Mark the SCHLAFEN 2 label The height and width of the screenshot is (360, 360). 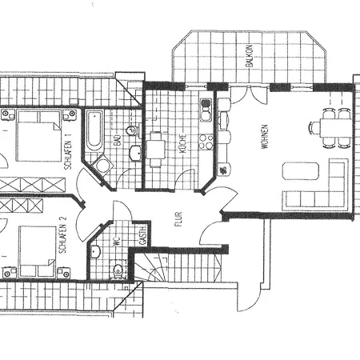62,237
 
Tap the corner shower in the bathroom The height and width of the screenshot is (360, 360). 103,166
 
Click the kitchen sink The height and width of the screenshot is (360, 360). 206,107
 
